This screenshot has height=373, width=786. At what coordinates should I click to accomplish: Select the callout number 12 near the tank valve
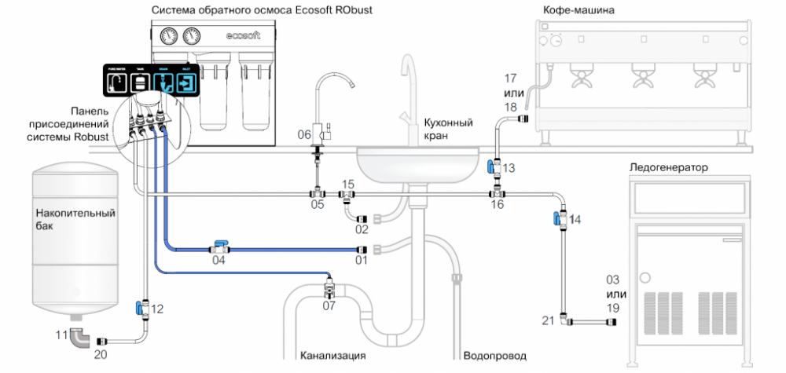click(157, 309)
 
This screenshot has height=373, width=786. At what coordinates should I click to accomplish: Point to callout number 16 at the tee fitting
click(497, 205)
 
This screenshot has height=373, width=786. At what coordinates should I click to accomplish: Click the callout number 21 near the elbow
click(549, 320)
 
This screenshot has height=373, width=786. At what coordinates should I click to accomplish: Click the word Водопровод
click(494, 355)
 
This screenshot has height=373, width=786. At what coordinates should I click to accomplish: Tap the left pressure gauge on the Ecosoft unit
click(167, 37)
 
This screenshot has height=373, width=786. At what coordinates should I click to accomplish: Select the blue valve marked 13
click(490, 166)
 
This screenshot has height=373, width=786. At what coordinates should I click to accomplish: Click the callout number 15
click(347, 185)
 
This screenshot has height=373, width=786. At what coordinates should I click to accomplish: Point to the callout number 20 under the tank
click(101, 354)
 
